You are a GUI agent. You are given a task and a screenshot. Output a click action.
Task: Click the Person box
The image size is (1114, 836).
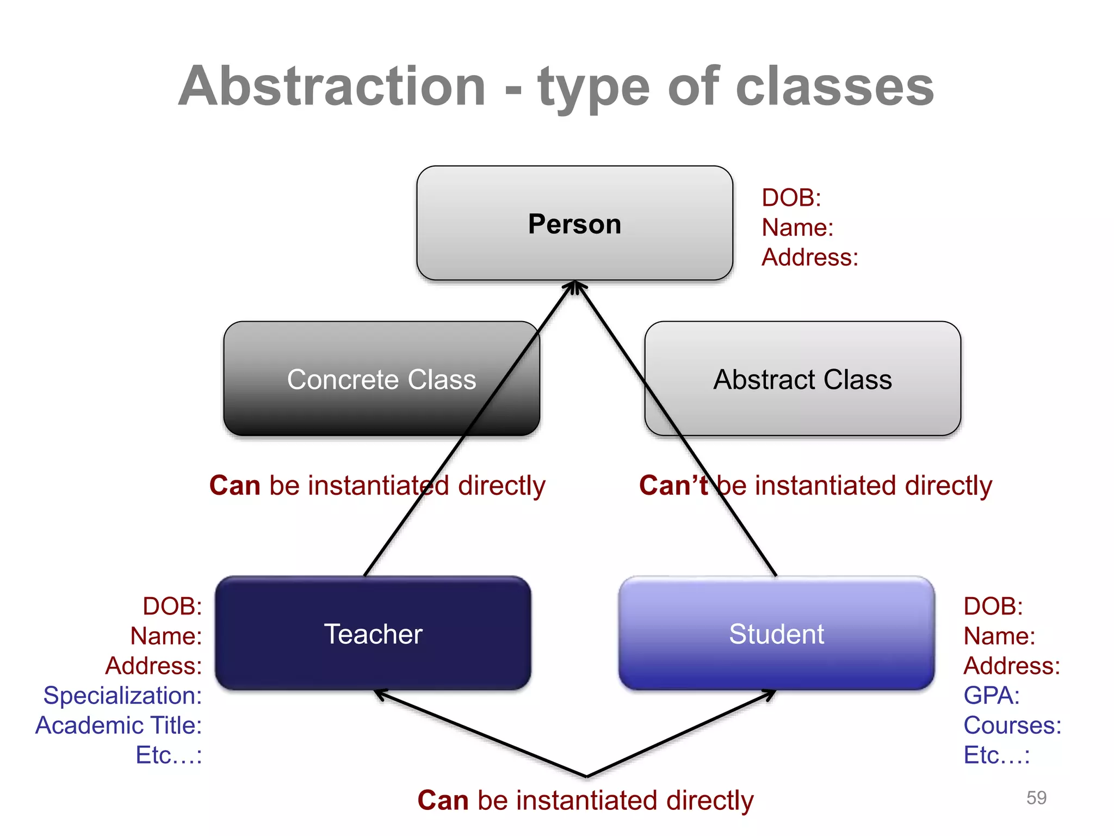point(574,224)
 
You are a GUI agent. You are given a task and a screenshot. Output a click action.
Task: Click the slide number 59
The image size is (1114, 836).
point(1036,798)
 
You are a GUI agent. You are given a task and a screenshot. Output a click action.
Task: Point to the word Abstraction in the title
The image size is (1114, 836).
point(332,87)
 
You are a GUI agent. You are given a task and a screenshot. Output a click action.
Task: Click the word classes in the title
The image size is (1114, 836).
point(834,87)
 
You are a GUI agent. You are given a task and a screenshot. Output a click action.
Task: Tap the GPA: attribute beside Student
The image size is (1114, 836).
point(991,696)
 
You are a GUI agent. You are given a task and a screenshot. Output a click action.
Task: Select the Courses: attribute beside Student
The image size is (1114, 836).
point(1012,726)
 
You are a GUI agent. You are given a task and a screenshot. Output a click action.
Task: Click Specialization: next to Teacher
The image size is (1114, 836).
point(122,696)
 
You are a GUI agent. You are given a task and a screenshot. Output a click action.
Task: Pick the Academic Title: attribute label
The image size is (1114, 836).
point(119,726)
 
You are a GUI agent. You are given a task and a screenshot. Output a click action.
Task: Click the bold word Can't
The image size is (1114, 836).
point(673,485)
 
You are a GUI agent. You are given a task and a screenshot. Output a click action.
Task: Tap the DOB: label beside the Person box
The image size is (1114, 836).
point(791,198)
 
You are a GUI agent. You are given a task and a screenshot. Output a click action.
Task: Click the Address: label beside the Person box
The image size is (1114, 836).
point(809,257)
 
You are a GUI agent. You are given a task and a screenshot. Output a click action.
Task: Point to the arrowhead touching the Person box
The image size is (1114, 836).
point(575,286)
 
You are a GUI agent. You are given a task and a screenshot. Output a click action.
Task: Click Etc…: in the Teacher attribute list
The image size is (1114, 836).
point(169,755)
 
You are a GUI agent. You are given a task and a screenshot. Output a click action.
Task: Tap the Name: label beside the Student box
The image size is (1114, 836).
point(999,636)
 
